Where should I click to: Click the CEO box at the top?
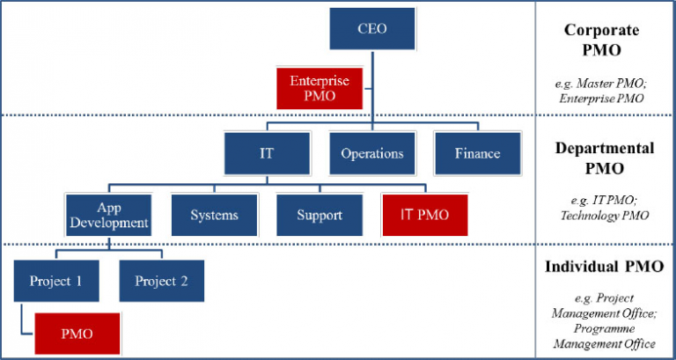(371, 29)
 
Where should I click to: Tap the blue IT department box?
(266, 152)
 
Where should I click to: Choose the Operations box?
(371, 152)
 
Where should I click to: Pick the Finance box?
(477, 152)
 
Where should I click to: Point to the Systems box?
(214, 215)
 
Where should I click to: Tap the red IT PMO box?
(425, 215)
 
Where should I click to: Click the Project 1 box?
(56, 282)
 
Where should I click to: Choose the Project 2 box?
(161, 282)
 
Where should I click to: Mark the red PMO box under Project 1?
(77, 334)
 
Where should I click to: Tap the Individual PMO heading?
(604, 267)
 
